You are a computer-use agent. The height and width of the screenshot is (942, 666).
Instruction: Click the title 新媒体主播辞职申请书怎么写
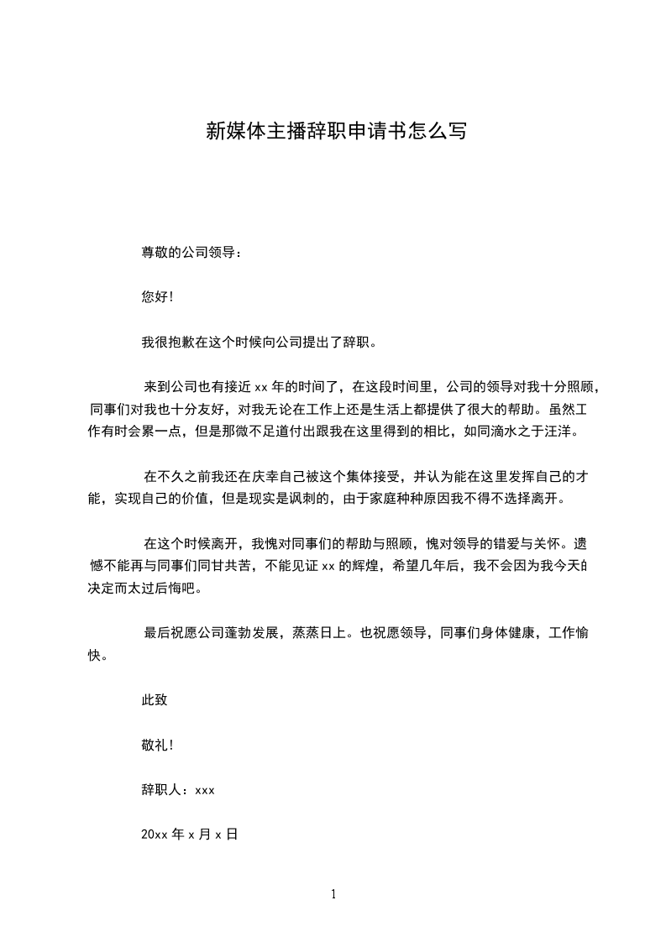pyautogui.click(x=336, y=131)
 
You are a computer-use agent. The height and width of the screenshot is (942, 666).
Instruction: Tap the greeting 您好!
pyautogui.click(x=158, y=297)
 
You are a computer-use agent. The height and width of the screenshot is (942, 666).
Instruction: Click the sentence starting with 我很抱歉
pyautogui.click(x=261, y=343)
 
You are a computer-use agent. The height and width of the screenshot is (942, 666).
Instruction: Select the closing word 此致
pyautogui.click(x=155, y=699)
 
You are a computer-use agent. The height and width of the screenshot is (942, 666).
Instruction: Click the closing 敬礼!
pyautogui.click(x=158, y=745)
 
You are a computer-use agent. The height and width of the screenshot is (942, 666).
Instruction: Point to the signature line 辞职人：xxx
pyautogui.click(x=179, y=790)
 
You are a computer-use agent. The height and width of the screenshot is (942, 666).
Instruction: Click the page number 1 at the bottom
pyautogui.click(x=333, y=895)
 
